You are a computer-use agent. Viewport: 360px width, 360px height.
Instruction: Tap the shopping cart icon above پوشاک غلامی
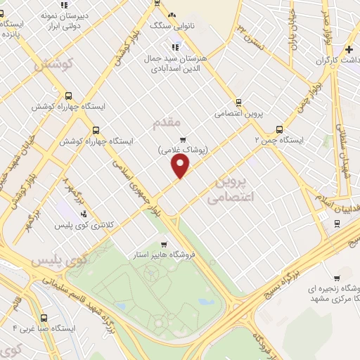pyautogui.click(x=182, y=139)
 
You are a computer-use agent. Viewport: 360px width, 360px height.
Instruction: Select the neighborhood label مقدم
pyautogui.click(x=166, y=123)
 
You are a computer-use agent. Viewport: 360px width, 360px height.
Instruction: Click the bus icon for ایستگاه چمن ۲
pyautogui.click(x=279, y=129)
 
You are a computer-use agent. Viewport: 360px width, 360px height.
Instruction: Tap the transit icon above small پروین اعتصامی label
pyautogui.click(x=238, y=102)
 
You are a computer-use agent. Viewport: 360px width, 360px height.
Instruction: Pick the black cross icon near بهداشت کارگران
pyautogui.click(x=349, y=49)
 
